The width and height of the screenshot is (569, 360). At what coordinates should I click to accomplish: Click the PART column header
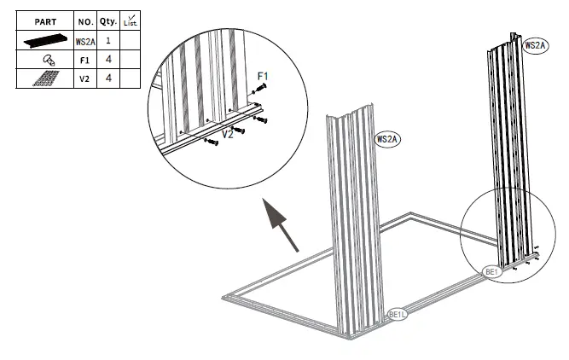[x=44, y=20]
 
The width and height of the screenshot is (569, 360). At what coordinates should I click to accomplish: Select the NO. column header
[x=84, y=20]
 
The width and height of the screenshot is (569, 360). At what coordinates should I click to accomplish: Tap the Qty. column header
[x=108, y=20]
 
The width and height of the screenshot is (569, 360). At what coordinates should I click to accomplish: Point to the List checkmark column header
[x=130, y=20]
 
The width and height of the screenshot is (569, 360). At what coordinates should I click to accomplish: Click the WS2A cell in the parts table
[x=84, y=40]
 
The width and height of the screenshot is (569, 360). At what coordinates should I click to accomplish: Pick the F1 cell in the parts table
[x=84, y=60]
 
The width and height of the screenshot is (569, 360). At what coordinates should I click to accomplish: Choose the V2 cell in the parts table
[x=84, y=78]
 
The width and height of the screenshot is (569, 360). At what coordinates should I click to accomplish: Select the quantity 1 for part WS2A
[x=108, y=40]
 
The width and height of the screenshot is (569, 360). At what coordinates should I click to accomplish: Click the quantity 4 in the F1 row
[x=108, y=60]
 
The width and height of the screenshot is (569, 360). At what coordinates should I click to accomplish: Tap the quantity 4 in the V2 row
[x=108, y=78]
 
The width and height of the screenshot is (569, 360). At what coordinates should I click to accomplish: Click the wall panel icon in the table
[x=44, y=40]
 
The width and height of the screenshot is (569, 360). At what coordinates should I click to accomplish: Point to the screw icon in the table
[x=44, y=60]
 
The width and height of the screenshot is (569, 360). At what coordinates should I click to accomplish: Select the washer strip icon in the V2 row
[x=44, y=78]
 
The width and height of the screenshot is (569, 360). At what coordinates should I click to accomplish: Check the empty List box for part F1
[x=130, y=60]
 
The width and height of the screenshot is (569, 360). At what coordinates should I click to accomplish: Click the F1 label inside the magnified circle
[x=263, y=75]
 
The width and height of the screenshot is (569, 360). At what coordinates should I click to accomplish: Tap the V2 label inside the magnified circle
[x=228, y=134]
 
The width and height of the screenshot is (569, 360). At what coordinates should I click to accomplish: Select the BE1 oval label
[x=491, y=271]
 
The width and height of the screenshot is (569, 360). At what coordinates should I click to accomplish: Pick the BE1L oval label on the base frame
[x=398, y=315]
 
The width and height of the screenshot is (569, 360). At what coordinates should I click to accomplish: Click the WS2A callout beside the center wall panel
[x=388, y=138]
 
